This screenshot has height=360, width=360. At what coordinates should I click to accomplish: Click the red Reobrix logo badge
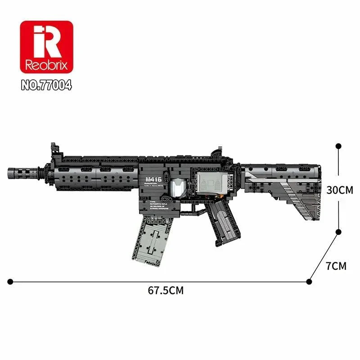coord(46,46)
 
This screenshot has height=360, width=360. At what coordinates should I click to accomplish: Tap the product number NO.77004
coord(46,85)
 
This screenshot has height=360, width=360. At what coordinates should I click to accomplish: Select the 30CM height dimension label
coord(340,190)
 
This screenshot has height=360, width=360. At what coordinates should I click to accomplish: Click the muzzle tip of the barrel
coord(10,172)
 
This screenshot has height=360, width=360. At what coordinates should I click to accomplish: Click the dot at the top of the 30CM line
coord(338,146)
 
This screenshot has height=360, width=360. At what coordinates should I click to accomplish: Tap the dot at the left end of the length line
coord(10,282)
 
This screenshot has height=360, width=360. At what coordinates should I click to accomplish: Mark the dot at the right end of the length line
coord(309,282)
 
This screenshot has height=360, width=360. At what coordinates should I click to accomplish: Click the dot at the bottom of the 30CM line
coord(338,232)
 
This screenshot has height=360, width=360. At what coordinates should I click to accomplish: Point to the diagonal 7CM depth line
coord(324,257)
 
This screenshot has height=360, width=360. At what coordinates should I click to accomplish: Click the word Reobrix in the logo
coord(46,64)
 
